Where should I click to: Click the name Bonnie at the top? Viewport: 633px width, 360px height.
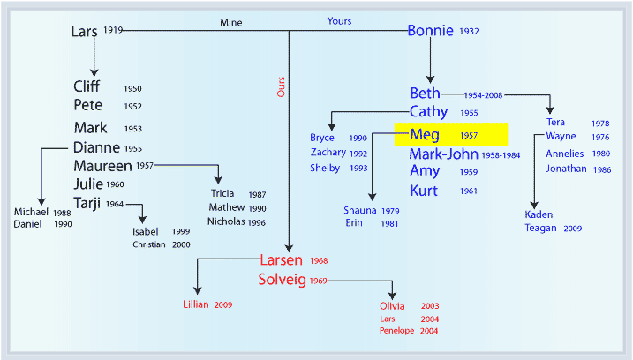coord(430,31)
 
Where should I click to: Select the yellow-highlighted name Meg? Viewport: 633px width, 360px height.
coord(425,134)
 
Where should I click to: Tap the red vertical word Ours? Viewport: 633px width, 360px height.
coord(281,86)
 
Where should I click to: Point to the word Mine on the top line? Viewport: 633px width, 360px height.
coord(231,23)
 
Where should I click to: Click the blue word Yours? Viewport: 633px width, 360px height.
coord(339,21)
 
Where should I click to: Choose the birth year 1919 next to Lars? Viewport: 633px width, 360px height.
coord(113,30)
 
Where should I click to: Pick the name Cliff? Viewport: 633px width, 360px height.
coord(87,86)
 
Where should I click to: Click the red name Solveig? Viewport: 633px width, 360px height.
coord(283,280)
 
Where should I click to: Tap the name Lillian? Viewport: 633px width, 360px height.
coord(196,304)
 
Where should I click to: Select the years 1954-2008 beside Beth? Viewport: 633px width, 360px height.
coord(483,95)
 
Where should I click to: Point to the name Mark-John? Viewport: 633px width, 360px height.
coord(444,154)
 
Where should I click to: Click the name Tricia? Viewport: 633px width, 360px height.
coord(222,193)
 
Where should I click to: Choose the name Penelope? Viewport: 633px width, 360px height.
coord(396,331)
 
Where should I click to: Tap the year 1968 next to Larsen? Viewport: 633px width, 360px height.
coord(319,260)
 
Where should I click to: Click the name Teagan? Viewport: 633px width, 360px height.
coord(540,228)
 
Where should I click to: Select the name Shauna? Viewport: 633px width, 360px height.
coord(360,210)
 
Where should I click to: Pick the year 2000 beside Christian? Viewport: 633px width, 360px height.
coord(181,244)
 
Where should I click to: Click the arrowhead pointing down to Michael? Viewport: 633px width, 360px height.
coord(41,202)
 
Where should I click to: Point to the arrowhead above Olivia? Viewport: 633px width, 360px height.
coord(392,296)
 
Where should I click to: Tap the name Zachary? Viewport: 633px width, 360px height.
coord(328,152)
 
